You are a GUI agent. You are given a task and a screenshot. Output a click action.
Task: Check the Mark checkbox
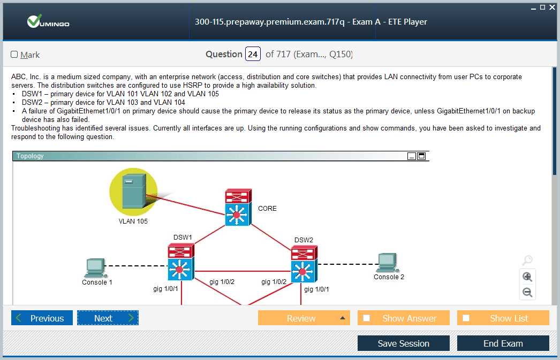coord(14,54)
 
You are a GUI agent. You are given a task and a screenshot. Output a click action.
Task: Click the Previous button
coord(42,318)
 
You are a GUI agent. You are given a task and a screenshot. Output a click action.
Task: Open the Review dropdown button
coord(304,318)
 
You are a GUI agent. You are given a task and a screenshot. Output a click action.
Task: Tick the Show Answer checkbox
coord(366,318)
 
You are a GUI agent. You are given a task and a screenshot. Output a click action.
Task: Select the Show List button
coord(503,318)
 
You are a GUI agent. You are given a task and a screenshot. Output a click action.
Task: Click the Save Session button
coord(404,343)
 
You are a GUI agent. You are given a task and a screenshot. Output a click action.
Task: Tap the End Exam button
coord(503,343)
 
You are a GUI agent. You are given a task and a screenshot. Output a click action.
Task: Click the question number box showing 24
coord(253,54)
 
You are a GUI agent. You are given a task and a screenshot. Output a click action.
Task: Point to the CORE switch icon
coord(238,208)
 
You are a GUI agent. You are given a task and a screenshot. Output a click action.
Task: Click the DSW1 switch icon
coord(181,262)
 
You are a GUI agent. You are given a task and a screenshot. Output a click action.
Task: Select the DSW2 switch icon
coord(304,264)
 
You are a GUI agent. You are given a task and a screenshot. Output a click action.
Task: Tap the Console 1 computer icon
coord(95,268)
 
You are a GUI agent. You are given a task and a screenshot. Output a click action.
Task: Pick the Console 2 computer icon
coord(388,263)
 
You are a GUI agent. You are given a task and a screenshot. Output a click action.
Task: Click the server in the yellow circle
coord(134,191)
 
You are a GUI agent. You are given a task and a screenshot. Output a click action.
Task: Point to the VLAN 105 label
coord(133,221)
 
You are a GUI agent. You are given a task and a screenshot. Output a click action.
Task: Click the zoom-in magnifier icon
coord(527,277)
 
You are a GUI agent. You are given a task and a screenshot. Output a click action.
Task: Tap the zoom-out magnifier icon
coord(527,292)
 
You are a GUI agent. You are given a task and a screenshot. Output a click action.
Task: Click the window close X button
coord(552,7)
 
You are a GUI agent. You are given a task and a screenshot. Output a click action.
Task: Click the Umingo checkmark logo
coord(34,21)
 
